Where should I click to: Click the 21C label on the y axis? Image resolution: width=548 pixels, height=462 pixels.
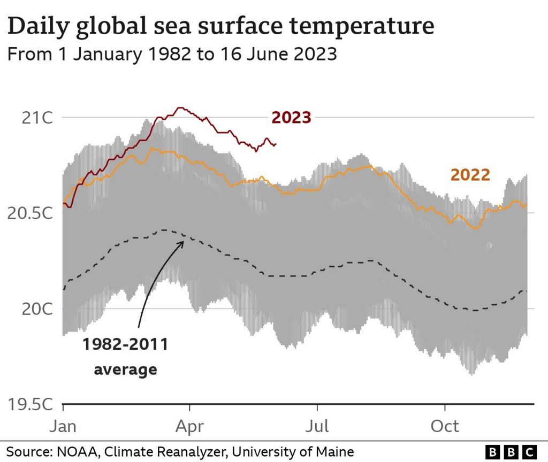click(x=37, y=118)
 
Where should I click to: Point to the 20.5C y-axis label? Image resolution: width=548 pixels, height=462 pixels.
click(x=30, y=213)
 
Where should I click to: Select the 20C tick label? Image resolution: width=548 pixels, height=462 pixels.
click(x=37, y=309)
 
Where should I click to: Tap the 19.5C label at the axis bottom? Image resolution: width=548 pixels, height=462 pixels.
click(x=30, y=404)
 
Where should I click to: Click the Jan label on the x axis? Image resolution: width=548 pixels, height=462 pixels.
click(x=63, y=426)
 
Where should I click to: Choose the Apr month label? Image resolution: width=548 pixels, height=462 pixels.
click(x=189, y=427)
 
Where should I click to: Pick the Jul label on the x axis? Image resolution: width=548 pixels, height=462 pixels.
click(x=317, y=426)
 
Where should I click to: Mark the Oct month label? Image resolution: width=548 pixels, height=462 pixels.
click(x=445, y=426)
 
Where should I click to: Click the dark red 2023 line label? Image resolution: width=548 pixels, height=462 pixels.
click(x=291, y=118)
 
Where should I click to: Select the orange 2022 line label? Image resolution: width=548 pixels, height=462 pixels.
click(x=470, y=175)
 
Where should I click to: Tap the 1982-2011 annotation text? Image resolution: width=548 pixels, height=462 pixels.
click(x=125, y=344)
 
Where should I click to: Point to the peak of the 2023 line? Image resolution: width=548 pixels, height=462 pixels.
click(x=180, y=107)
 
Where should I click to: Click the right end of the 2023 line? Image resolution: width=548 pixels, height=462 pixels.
click(x=276, y=144)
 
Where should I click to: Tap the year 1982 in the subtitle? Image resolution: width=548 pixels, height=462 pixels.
click(x=170, y=54)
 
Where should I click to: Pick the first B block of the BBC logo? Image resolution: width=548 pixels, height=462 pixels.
click(x=493, y=452)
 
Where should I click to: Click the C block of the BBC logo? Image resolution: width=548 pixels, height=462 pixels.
click(x=529, y=452)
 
